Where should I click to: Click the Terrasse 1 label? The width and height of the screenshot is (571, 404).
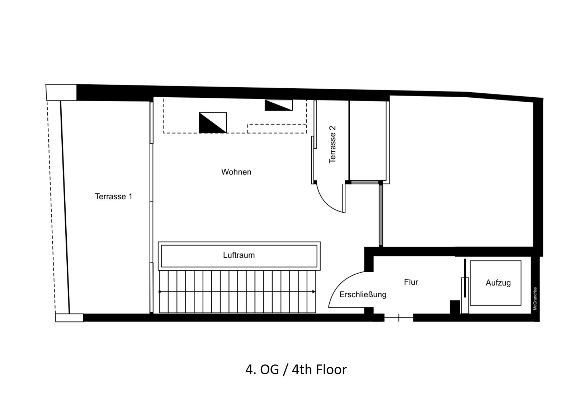click(x=113, y=196)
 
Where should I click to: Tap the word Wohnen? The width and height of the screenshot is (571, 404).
click(x=236, y=172)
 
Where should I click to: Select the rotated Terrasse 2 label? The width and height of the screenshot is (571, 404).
click(x=332, y=144)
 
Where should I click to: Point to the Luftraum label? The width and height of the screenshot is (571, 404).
click(x=239, y=255)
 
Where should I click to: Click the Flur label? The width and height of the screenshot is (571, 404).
click(x=411, y=282)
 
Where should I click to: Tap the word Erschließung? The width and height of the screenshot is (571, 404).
click(x=363, y=295)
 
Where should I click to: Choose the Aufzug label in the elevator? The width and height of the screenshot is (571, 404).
click(x=498, y=283)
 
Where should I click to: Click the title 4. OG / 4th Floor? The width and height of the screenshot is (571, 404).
click(x=296, y=370)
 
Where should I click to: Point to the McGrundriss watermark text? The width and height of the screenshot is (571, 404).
click(x=535, y=298)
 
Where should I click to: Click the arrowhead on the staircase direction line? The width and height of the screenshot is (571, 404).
click(x=314, y=292)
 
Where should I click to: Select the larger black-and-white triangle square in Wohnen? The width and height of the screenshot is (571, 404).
click(x=213, y=122)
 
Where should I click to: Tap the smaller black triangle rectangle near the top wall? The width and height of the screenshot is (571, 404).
click(x=279, y=105)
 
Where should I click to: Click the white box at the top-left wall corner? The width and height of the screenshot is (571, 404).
click(x=61, y=92)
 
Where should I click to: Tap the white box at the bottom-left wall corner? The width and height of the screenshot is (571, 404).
click(x=69, y=318)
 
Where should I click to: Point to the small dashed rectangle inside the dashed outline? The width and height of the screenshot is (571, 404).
click(x=277, y=129)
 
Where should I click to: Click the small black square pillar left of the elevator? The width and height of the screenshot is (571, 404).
click(x=455, y=307)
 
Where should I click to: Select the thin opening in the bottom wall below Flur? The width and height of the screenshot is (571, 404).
click(x=399, y=318)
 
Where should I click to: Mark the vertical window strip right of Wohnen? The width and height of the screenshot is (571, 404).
click(x=381, y=215)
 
